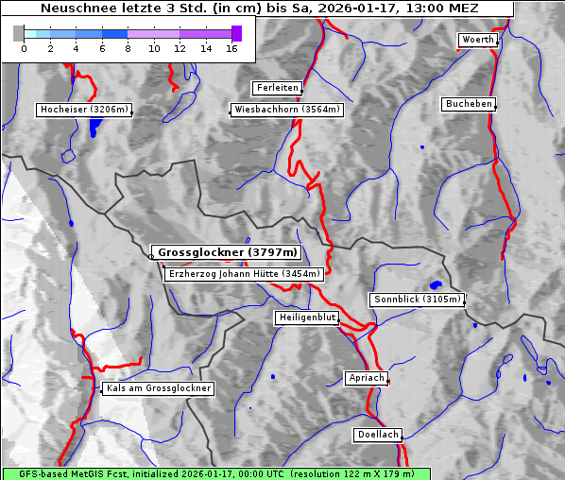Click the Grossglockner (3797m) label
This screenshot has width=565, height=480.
(x=227, y=253)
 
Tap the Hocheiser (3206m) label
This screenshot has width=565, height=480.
(x=84, y=110)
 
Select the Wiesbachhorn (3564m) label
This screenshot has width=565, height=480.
(x=287, y=110)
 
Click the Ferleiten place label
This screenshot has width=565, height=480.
(x=277, y=88)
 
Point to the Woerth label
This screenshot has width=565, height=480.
(x=477, y=40)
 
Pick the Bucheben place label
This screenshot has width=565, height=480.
(x=469, y=103)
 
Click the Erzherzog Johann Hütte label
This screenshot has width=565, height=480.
(x=244, y=274)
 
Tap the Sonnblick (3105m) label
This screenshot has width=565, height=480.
(x=417, y=300)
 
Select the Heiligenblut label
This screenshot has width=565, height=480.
(x=307, y=317)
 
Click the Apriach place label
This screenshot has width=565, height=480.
(x=366, y=378)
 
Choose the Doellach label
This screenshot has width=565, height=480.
(x=378, y=436)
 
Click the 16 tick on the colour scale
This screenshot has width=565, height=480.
(x=231, y=47)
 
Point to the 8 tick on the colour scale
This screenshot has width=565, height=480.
(x=128, y=47)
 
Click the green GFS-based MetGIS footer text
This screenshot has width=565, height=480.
(x=216, y=473)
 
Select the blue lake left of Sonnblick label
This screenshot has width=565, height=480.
(x=436, y=283)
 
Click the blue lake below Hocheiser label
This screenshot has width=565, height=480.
(x=93, y=128)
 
